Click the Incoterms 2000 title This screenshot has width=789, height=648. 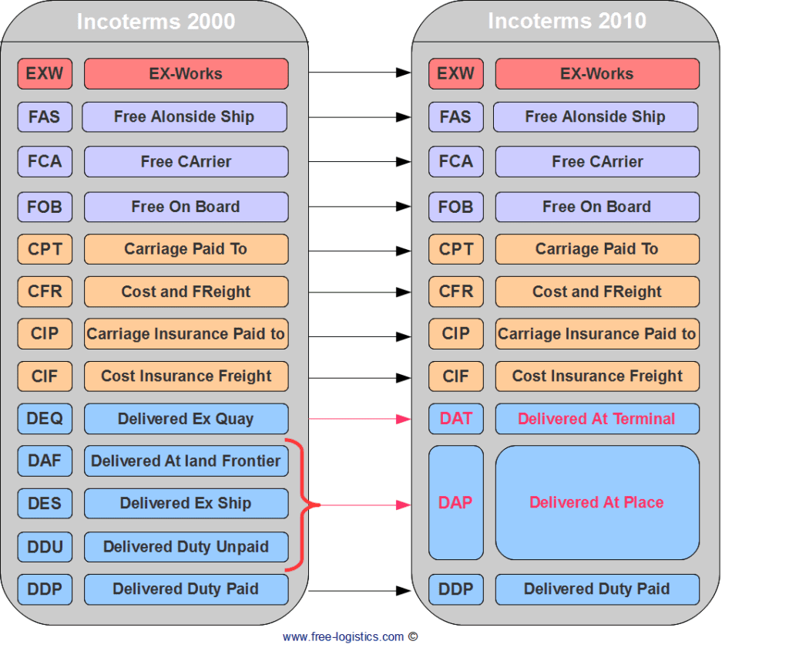[x=156, y=21]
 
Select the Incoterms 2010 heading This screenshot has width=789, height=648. [x=567, y=21]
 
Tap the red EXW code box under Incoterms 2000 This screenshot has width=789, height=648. [x=45, y=74]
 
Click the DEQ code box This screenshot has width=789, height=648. [x=45, y=419]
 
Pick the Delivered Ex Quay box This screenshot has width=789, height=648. [x=186, y=419]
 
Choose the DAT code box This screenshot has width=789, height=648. [x=455, y=419]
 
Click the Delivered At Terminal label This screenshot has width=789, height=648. [x=596, y=419]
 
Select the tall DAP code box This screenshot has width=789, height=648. [x=455, y=502]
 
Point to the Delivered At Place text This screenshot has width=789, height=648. [x=596, y=502]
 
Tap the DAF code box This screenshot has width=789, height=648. [x=45, y=461]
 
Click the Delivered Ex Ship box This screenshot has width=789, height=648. [x=186, y=504]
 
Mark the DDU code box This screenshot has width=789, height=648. [x=45, y=547]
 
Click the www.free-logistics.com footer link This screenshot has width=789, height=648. [x=343, y=636]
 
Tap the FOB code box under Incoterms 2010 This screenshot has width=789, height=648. [x=455, y=207]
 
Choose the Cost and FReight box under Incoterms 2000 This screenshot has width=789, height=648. [x=186, y=292]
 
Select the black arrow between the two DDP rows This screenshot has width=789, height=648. [x=359, y=591]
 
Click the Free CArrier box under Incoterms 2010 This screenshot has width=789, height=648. [x=596, y=162]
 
